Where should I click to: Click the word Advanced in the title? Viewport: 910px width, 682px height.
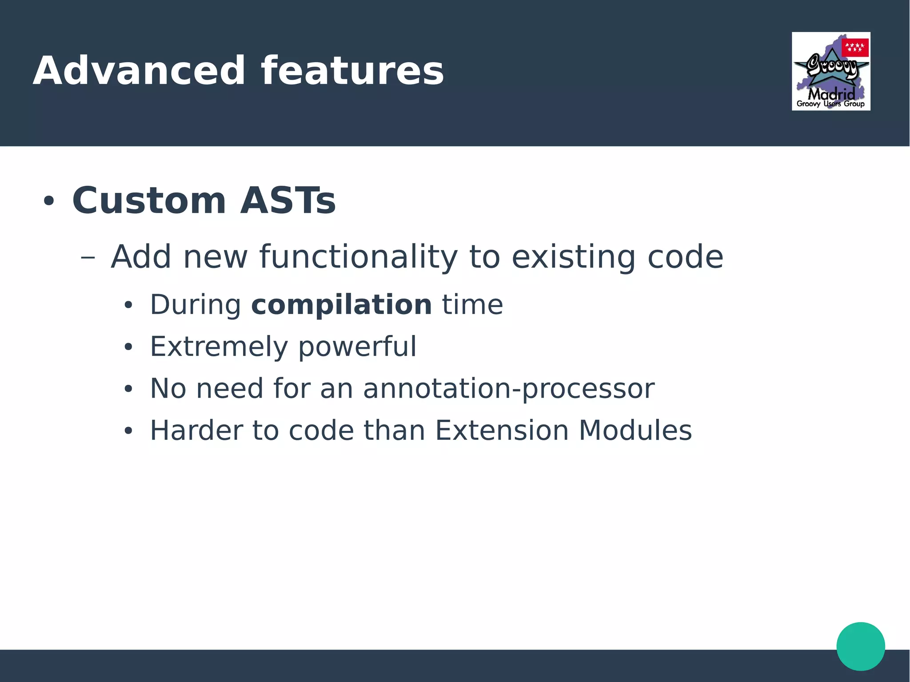pos(139,71)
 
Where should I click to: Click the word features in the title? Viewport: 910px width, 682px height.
pos(352,71)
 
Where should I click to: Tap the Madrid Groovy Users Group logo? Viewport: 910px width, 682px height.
pos(830,71)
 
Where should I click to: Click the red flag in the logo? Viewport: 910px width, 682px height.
pos(855,48)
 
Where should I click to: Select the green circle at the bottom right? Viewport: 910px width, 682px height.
pos(860,646)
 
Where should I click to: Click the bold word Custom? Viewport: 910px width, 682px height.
pos(149,201)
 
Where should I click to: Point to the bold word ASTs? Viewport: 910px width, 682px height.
pos(287,201)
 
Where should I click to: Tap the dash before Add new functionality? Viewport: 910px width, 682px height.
pos(88,257)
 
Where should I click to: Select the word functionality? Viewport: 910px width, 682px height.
pos(358,257)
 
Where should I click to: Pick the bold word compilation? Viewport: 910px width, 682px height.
pos(341,305)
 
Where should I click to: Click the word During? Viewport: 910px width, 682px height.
pos(196,305)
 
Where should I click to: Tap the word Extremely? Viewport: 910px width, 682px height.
pos(219,347)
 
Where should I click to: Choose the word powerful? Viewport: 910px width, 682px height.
pos(357,347)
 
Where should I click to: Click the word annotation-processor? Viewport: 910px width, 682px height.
pos(508,389)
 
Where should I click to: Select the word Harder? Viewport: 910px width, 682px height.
pos(196,431)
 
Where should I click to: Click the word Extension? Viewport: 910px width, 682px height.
pos(502,431)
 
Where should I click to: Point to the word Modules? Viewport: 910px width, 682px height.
pos(635,431)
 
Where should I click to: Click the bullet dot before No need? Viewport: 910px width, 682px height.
pos(128,389)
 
